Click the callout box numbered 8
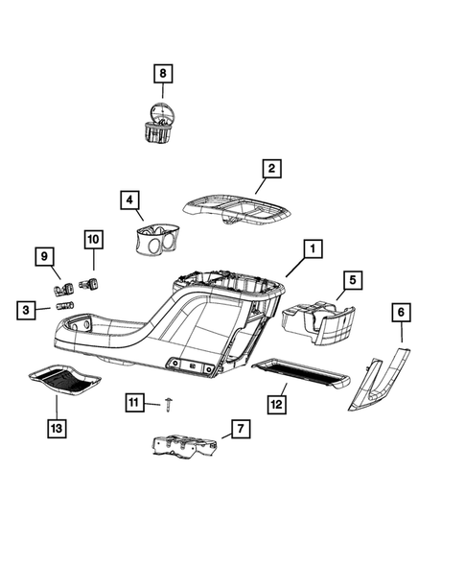click(x=162, y=73)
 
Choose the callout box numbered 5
click(x=352, y=279)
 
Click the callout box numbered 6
click(x=401, y=312)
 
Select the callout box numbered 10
click(x=93, y=237)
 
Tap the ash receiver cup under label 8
click(x=156, y=126)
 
